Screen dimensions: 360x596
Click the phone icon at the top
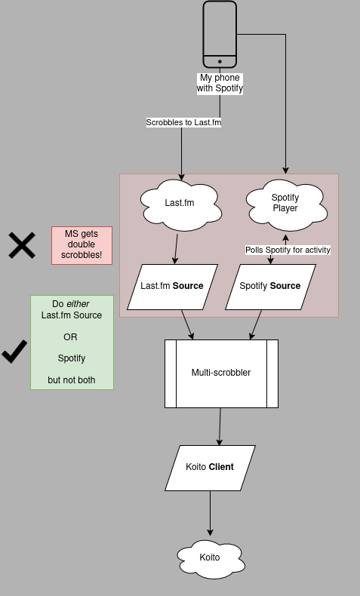[x=220, y=34]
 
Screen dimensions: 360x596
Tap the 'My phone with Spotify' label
[x=220, y=83]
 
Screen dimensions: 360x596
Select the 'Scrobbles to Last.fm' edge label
[x=183, y=122]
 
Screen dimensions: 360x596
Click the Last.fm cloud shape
[x=181, y=205]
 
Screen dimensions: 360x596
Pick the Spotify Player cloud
[x=287, y=205]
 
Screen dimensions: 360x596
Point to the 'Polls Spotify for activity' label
[x=288, y=250]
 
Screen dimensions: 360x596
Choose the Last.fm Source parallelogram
[x=172, y=287]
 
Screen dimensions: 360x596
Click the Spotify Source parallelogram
[x=270, y=287]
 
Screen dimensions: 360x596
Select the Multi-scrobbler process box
[x=221, y=373]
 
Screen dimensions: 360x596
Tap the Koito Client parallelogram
[x=210, y=468]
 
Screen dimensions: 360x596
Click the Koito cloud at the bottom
[x=211, y=559]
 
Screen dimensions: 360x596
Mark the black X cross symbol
[x=22, y=245]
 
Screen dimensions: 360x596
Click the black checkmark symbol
[x=14, y=352]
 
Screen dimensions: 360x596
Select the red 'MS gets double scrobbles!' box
[x=82, y=245]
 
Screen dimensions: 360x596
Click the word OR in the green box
[x=70, y=336]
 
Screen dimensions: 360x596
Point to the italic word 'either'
[x=78, y=304]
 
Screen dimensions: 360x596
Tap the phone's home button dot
[x=220, y=62]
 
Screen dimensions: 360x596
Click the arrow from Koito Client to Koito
[x=210, y=513]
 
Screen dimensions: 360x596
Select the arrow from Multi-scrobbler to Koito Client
[x=220, y=426]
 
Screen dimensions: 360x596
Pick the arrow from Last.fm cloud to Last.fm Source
[x=176, y=249]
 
